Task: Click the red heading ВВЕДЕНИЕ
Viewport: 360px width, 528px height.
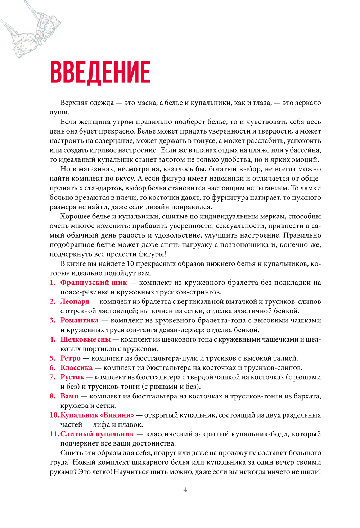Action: pos(100,72)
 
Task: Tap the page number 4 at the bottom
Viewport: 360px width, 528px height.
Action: pos(185,489)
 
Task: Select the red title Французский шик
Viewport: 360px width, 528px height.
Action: pos(94,283)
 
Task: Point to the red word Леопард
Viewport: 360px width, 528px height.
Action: pos(75,301)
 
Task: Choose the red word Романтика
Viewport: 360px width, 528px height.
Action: pos(79,320)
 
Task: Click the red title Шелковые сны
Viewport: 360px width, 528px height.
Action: pos(85,339)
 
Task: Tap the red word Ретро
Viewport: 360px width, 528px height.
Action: pos(70,358)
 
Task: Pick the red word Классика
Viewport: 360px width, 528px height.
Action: pos(76,367)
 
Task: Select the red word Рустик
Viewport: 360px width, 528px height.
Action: pos(72,377)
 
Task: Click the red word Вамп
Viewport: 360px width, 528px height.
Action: pos(69,396)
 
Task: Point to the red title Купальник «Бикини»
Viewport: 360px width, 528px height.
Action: pos(97,415)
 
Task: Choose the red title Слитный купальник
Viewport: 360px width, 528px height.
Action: pos(97,434)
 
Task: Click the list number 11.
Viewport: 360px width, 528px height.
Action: pos(54,434)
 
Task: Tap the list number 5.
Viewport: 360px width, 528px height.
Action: pos(52,358)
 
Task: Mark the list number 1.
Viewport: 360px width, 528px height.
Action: pos(52,283)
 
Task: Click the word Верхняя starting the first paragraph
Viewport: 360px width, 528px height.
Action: pos(73,103)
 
